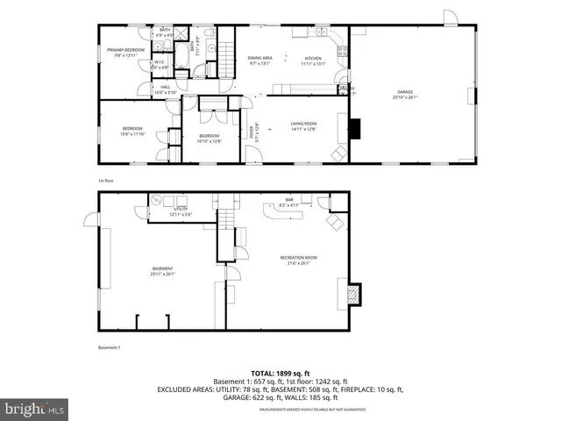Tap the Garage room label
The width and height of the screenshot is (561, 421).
(x=404, y=94)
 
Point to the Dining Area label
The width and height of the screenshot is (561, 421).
(x=260, y=59)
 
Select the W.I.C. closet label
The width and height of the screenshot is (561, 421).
(x=160, y=63)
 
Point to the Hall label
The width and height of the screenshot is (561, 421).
(x=165, y=89)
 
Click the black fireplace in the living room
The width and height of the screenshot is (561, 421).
(x=355, y=129)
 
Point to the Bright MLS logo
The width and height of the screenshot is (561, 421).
(x=34, y=408)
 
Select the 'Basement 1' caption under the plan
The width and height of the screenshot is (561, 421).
(x=110, y=348)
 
